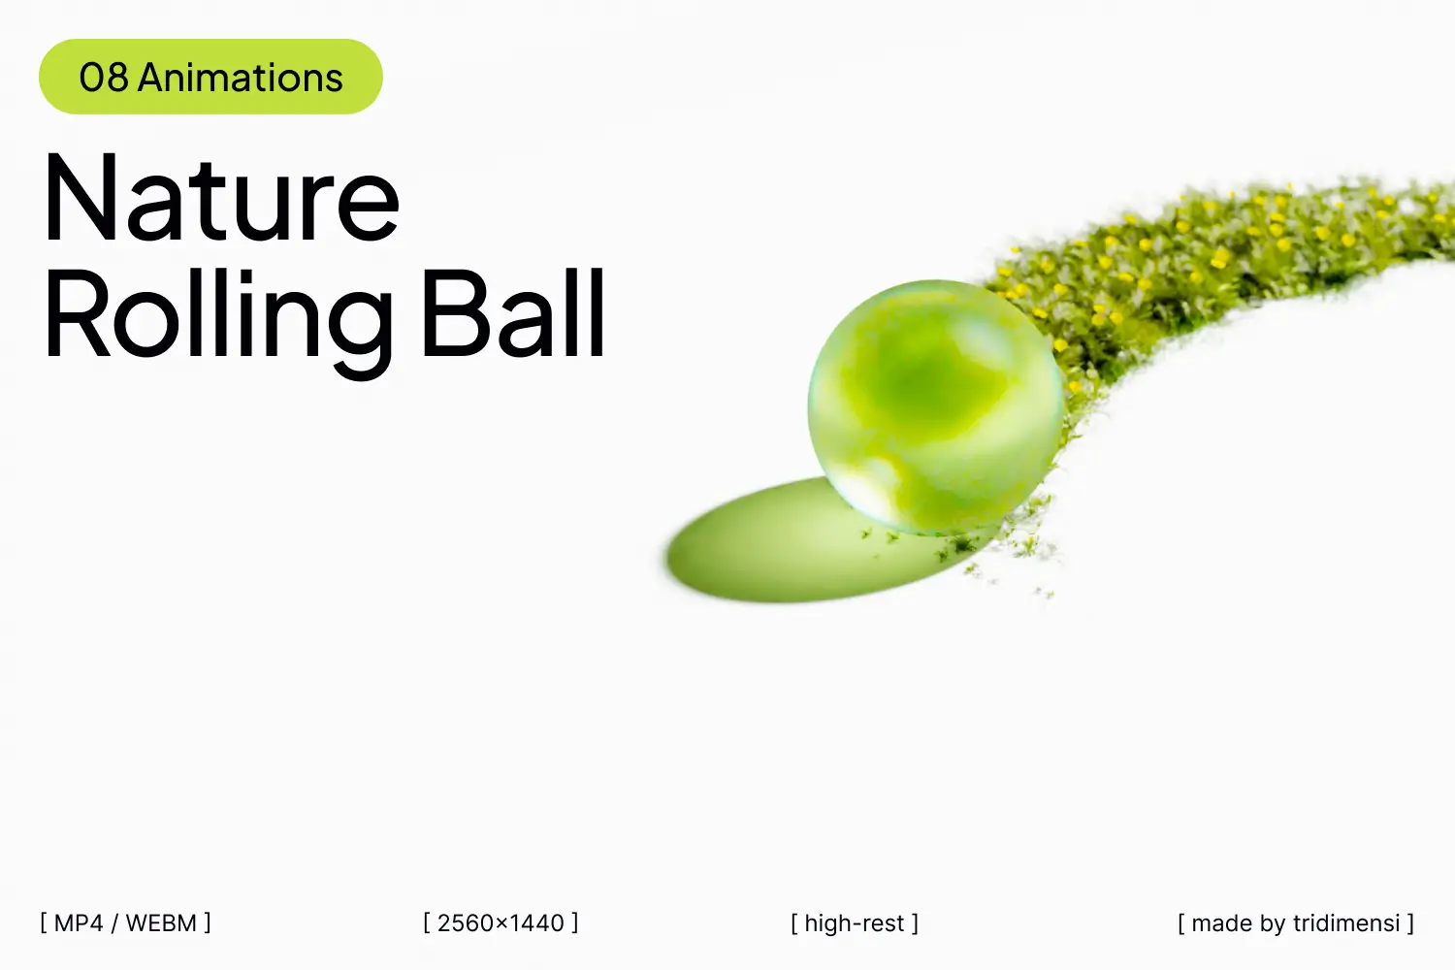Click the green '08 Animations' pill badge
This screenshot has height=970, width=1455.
point(210,77)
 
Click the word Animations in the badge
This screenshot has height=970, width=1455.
point(241,78)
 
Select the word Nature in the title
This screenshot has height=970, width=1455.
point(221,197)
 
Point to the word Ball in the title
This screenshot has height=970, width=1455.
point(514,312)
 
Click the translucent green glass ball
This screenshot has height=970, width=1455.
point(936,407)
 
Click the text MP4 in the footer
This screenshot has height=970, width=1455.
point(79,923)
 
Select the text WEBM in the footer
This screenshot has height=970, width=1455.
point(161,923)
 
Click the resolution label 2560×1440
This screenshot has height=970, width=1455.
point(501,923)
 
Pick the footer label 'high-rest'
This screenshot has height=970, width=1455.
point(855,923)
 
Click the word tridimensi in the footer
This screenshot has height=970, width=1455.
point(1346,923)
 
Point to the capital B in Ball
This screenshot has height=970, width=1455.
point(454,311)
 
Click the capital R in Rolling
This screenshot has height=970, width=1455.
point(77,311)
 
